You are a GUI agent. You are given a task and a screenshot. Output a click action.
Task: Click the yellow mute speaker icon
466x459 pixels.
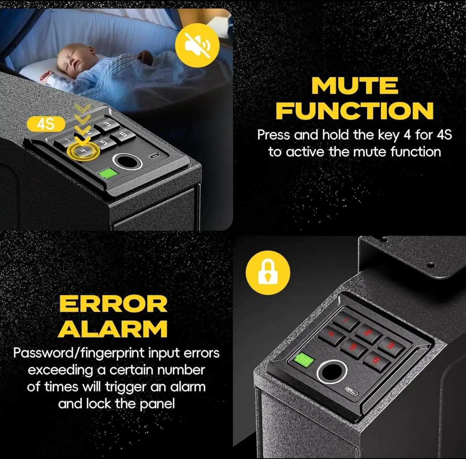tap(197, 45)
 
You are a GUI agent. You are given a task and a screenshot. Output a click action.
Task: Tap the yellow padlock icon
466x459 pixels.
tap(268, 272)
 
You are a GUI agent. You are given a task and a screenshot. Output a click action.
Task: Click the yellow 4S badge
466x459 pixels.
tap(45, 124)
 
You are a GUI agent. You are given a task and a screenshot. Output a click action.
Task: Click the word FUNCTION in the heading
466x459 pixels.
tap(355, 110)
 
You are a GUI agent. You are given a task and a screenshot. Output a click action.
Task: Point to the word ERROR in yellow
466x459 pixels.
tap(113, 304)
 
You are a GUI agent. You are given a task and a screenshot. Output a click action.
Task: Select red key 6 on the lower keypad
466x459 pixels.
tap(375, 360)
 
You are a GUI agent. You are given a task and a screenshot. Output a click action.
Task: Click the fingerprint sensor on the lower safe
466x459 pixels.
tap(333, 371)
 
